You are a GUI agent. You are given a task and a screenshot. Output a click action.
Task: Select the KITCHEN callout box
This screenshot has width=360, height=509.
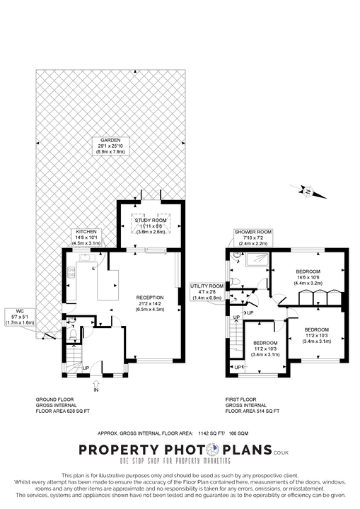(x=86, y=237)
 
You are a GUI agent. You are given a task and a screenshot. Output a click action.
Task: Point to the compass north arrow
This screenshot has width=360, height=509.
(x=308, y=191)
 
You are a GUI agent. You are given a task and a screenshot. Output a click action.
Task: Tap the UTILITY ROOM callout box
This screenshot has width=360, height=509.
(x=207, y=291)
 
